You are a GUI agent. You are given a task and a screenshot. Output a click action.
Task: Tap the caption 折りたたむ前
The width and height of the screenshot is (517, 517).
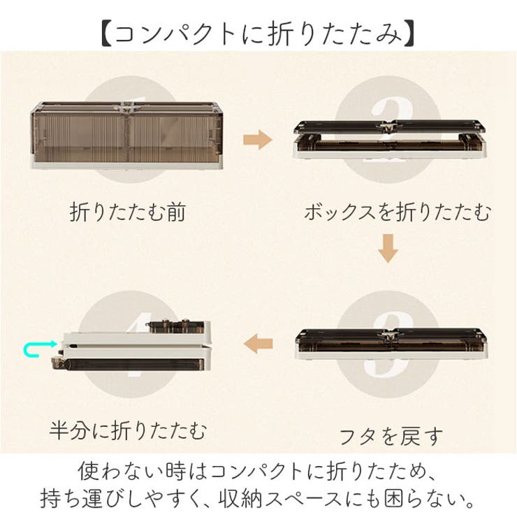pos(128,212)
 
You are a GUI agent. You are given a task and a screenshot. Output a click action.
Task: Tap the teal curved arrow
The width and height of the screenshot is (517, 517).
pos(35,347)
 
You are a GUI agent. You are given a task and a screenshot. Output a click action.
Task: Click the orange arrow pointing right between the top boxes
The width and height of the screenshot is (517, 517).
pos(256,140)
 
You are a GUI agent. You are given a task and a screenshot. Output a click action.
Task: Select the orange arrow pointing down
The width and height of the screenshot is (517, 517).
pos(388,248)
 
